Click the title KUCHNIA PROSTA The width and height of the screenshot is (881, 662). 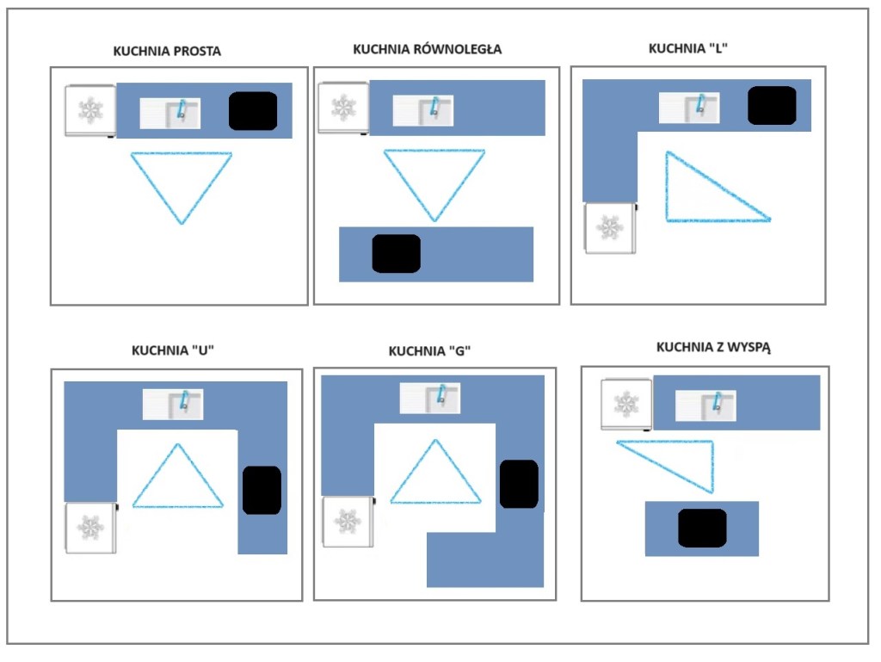[167, 51]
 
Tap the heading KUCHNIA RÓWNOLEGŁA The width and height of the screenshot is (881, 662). [427, 49]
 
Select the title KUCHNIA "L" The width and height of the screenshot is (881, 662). [690, 48]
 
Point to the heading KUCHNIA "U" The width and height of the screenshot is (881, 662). [172, 350]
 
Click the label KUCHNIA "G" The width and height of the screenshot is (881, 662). [429, 351]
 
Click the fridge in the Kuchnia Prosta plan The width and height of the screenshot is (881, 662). [90, 110]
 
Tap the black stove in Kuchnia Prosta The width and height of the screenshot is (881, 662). [253, 111]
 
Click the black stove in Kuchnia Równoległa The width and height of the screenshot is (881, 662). [396, 253]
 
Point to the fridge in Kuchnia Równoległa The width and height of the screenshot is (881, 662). [343, 108]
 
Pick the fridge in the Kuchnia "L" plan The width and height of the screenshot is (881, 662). [610, 227]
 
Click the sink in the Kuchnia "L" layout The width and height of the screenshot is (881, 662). [689, 107]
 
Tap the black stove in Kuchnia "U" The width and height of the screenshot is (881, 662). [262, 491]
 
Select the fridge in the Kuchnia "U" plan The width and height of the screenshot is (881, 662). [90, 527]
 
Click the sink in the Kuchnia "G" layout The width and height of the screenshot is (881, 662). [429, 398]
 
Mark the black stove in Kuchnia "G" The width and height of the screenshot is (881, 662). [519, 484]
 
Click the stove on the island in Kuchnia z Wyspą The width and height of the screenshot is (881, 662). [702, 528]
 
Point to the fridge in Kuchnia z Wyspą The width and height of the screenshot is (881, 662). [627, 404]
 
